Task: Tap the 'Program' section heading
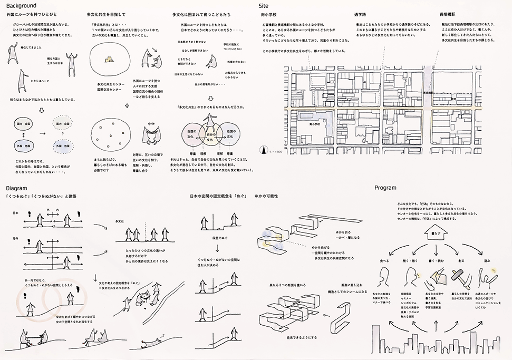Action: (x=385, y=187)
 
